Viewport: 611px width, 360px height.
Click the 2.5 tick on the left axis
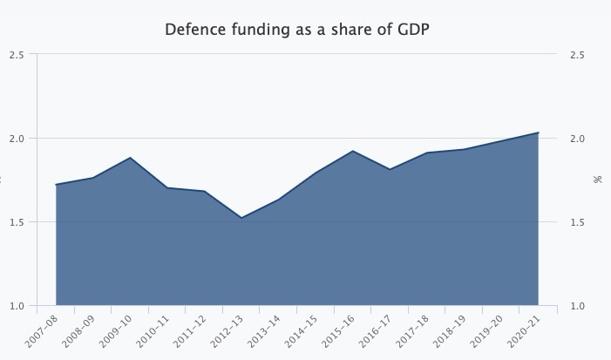(17, 55)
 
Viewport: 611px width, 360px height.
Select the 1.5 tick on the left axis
(17, 222)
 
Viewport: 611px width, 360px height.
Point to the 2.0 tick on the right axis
(577, 139)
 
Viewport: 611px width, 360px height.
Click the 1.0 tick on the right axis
(577, 306)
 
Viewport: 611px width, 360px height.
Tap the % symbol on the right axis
(598, 180)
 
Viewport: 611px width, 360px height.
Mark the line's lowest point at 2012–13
(241, 217)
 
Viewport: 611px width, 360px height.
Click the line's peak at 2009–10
(130, 158)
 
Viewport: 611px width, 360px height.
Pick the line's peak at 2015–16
(353, 151)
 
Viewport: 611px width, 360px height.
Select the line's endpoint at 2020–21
(539, 132)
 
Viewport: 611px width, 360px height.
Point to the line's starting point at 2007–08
(56, 185)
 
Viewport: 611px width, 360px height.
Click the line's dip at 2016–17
(390, 169)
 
